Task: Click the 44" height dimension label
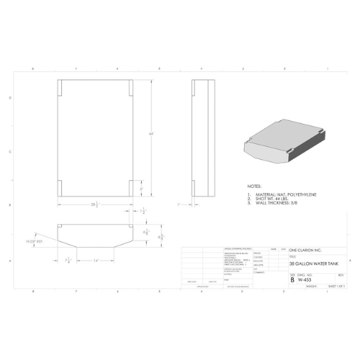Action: point(152,135)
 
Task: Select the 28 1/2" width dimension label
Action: point(95,204)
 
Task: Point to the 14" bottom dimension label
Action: point(95,261)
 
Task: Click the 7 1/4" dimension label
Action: point(69,261)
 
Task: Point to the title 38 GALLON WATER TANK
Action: point(311,264)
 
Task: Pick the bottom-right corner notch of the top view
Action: point(130,188)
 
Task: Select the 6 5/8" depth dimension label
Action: point(145,233)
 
